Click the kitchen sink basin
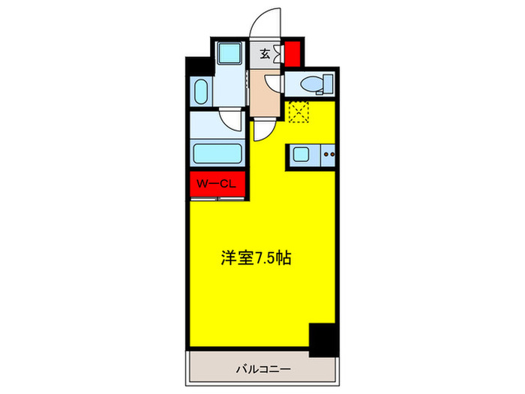tap(299, 156)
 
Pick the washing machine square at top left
tap(227, 55)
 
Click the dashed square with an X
tap(299, 113)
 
